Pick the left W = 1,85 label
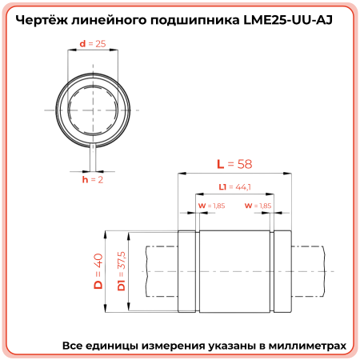point(211,206)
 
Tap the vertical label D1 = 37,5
point(121,272)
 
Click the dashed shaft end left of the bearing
point(160,272)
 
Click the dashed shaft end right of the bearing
point(308,272)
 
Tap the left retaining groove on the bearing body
point(194,272)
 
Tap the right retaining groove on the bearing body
point(274,272)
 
